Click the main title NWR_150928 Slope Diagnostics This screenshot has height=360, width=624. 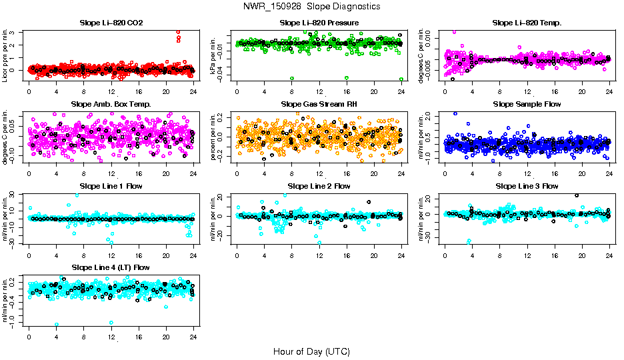pos(312,6)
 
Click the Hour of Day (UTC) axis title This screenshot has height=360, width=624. pos(311,351)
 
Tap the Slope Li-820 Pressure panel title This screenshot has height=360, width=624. pos(319,23)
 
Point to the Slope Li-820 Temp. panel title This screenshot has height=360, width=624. pos(527,23)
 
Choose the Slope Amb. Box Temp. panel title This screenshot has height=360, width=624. pos(111,105)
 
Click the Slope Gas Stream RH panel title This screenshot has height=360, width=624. pos(319,105)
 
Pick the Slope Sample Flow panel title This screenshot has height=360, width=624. pos(527,105)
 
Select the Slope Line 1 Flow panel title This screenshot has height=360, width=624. pos(111,186)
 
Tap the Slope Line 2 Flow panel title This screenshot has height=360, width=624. pos(319,186)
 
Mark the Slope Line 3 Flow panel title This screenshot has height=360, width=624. pos(527,186)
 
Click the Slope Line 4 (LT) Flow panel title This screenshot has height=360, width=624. pos(111,268)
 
